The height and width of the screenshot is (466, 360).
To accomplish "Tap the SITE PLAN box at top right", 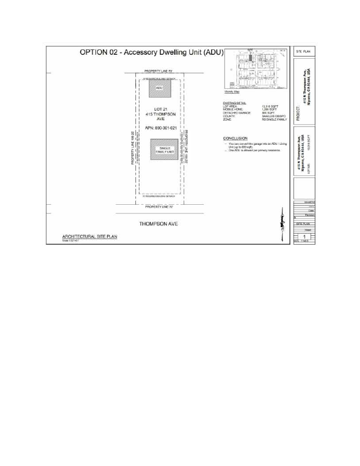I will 305,52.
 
